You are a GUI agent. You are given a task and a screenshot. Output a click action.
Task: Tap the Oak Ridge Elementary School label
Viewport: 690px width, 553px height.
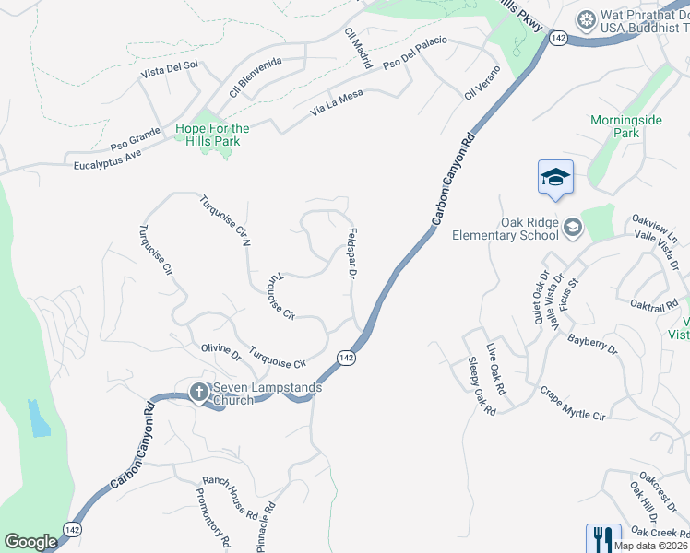click(506, 228)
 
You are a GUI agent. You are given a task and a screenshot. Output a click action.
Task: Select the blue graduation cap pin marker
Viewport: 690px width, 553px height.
click(555, 177)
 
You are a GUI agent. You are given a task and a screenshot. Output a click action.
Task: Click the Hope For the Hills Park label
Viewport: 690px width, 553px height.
click(212, 135)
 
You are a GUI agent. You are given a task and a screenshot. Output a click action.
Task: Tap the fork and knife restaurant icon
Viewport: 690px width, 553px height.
click(602, 538)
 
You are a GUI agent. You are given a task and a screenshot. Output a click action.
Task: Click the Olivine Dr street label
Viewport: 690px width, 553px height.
click(220, 352)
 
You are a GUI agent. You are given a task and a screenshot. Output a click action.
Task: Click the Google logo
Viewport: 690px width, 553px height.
click(31, 542)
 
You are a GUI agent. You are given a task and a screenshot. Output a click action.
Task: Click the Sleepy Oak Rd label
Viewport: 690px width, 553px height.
click(482, 386)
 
